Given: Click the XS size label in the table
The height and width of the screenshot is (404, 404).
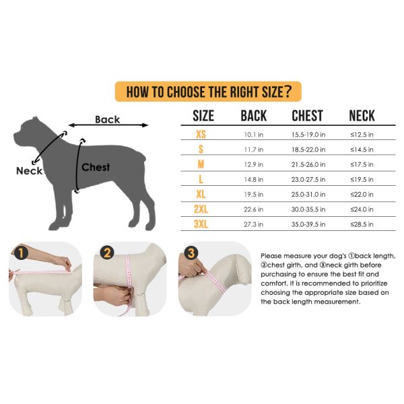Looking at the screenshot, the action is click(201, 134).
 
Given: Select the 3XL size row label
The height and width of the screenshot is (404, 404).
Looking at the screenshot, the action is click(201, 224).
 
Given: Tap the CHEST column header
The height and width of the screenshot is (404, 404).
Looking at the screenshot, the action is click(307, 116).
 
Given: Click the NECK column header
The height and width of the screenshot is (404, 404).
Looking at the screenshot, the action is click(362, 116).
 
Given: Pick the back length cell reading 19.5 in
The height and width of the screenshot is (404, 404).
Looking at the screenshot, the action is click(254, 195).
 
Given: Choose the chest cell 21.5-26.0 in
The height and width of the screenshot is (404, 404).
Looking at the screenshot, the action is click(308, 164).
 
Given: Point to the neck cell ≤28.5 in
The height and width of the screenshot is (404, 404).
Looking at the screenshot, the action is click(362, 224).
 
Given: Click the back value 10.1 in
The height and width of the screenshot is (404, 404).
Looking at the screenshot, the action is click(254, 135).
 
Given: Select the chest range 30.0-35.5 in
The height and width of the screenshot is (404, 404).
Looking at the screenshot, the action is click(308, 209).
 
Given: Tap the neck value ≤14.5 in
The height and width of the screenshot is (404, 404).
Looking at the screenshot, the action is click(362, 149).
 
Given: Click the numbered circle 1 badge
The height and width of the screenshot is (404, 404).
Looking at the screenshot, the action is click(21, 253).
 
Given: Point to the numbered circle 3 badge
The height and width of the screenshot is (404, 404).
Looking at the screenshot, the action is click(191, 253).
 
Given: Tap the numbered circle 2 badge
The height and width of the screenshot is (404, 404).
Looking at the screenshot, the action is click(107, 252).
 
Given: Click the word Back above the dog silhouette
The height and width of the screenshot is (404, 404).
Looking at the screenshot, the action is click(108, 120).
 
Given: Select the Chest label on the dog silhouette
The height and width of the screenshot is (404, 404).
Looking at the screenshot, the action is click(96, 167).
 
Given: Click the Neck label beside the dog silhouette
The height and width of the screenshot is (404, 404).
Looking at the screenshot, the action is click(29, 171).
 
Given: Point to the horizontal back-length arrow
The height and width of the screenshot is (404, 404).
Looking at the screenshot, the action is click(108, 125).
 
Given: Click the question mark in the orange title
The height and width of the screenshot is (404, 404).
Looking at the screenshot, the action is click(288, 92).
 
